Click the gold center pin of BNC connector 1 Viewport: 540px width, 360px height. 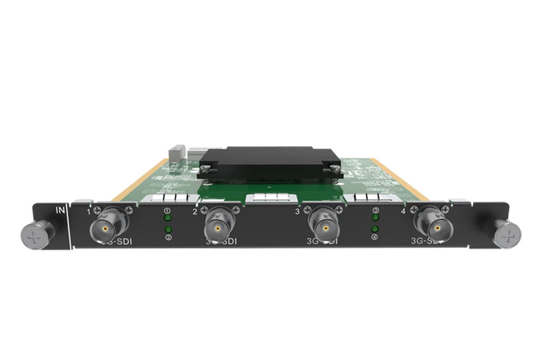pos(105,228)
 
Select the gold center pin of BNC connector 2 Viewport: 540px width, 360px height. pos(217,229)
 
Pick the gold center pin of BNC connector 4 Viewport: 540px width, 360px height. pos(437,229)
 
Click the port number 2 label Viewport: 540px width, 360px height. pos(195,212)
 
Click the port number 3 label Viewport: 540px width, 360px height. pos(297,212)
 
